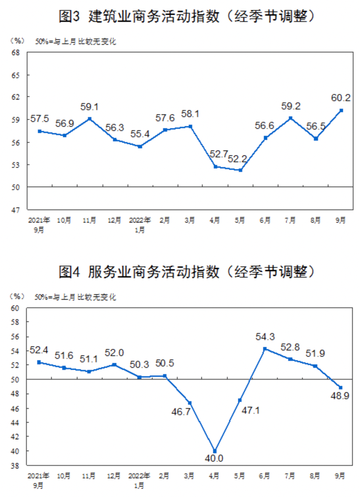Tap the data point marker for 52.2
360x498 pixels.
pyautogui.click(x=240, y=170)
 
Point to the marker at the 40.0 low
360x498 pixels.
pyautogui.click(x=215, y=451)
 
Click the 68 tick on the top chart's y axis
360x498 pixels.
pyautogui.click(x=16, y=53)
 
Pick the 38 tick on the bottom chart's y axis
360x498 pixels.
pyautogui.click(x=16, y=466)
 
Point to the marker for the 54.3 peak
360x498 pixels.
pyautogui.click(x=265, y=348)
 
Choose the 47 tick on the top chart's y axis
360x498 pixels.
pyautogui.click(x=16, y=210)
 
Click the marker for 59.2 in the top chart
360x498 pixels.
pyautogui.click(x=290, y=118)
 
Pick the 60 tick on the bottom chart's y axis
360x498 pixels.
pyautogui.click(x=16, y=308)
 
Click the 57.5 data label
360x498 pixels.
pyautogui.click(x=41, y=119)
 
